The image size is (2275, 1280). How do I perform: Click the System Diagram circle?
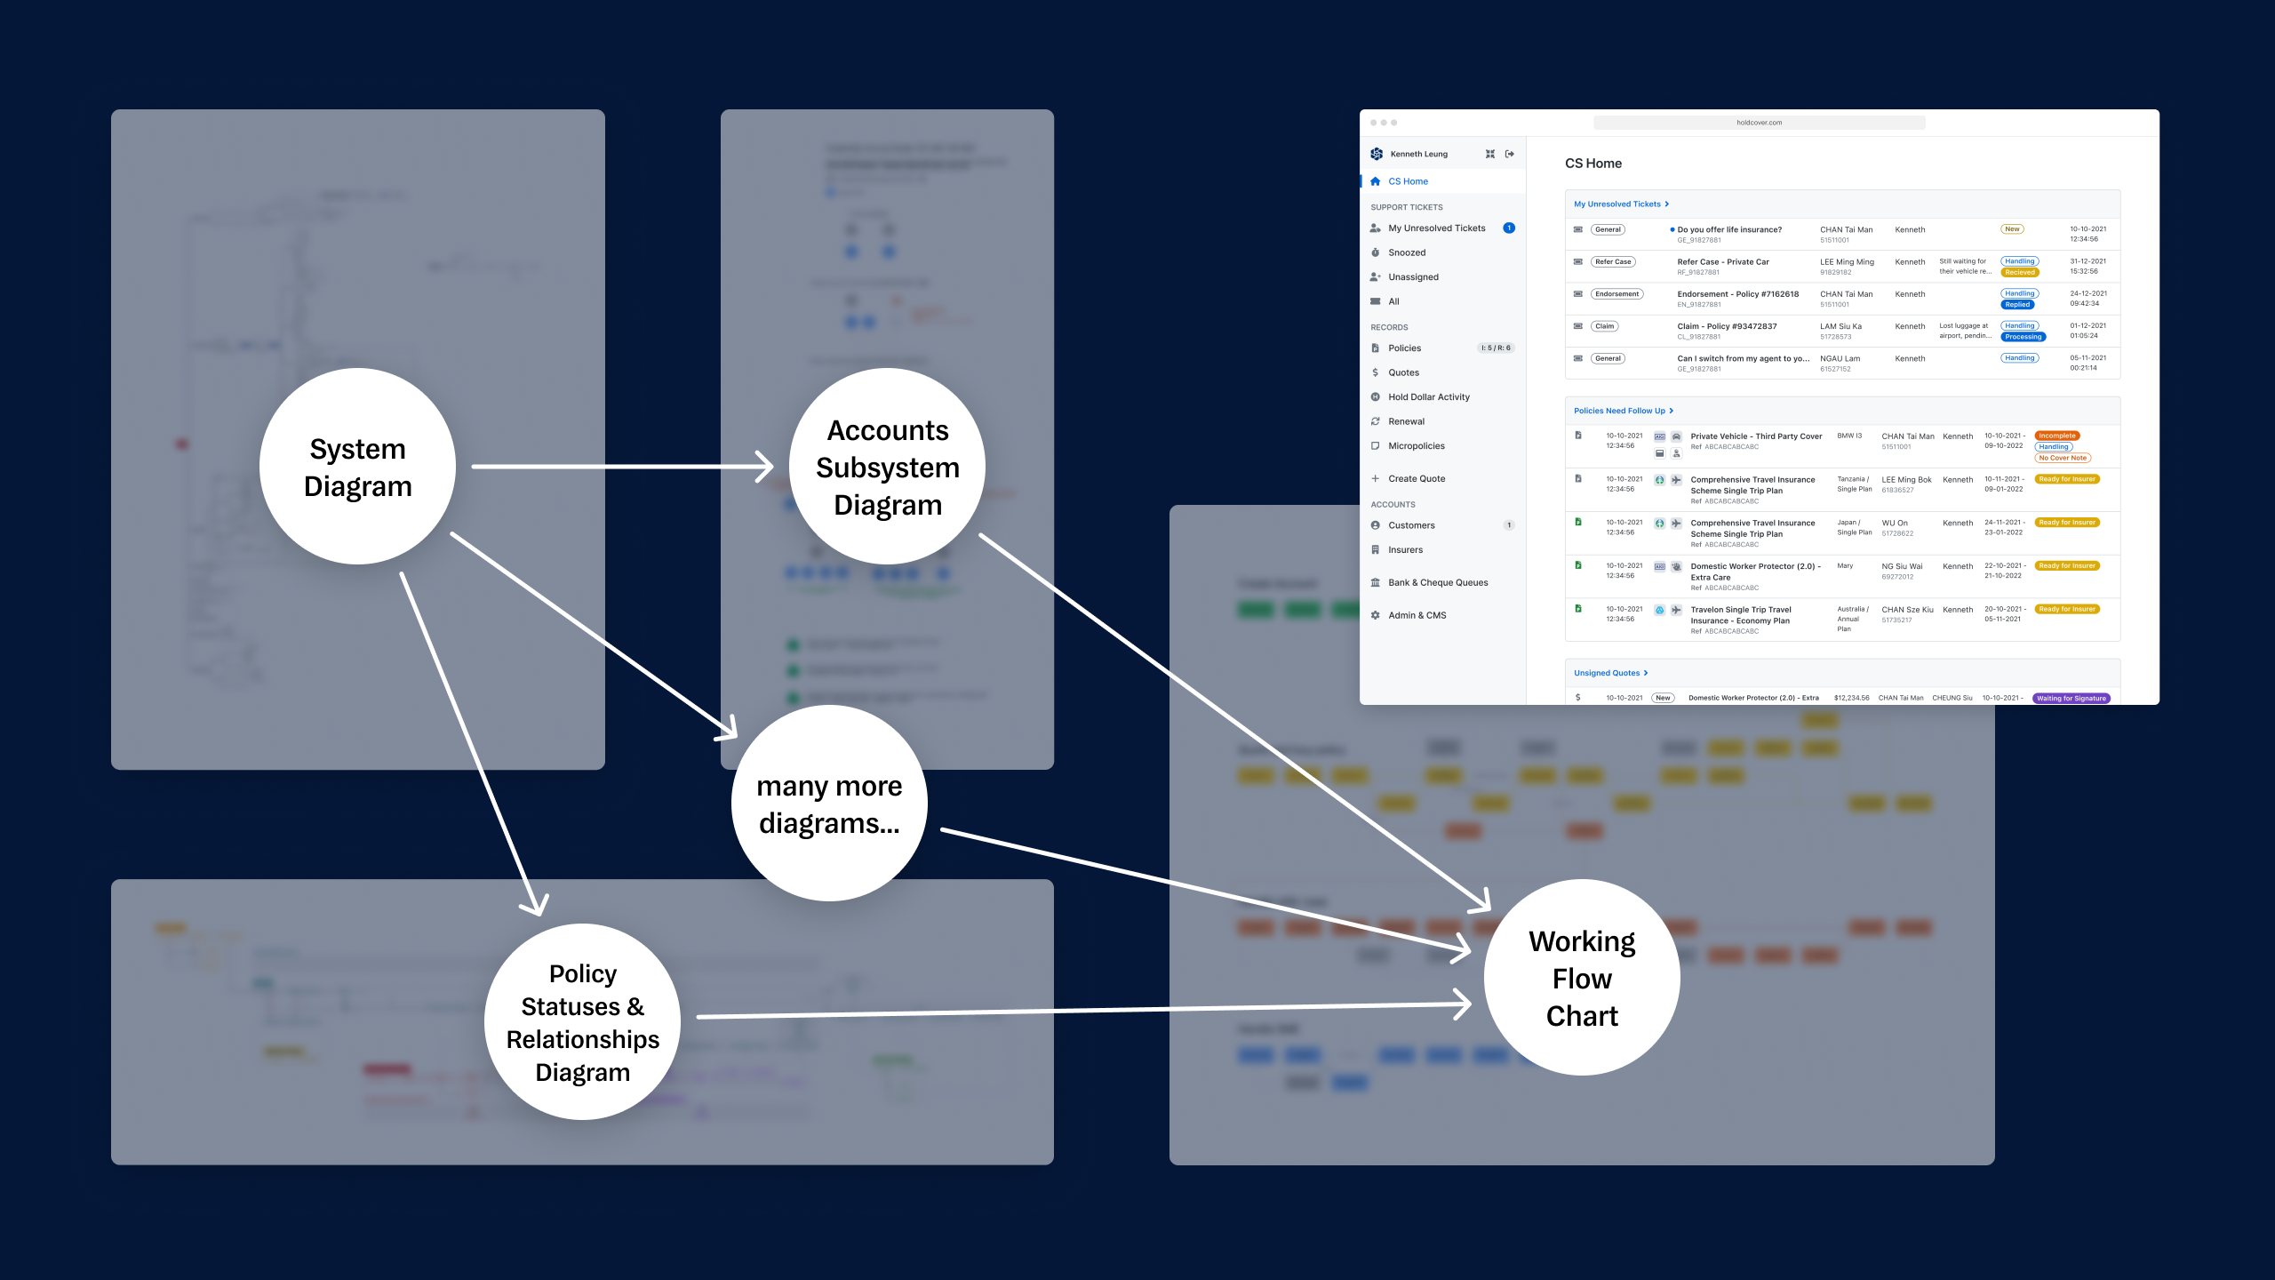pos(357,467)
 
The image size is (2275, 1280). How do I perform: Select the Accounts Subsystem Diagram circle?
pos(887,467)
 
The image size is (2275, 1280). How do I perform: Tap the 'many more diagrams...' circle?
pos(828,804)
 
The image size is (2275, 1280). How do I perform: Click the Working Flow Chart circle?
pos(1581,978)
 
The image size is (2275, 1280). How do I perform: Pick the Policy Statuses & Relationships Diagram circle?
pos(582,1022)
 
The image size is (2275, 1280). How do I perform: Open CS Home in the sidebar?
pos(1408,181)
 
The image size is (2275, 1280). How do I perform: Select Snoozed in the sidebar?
pos(1406,252)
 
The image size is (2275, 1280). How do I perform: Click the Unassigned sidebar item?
pos(1413,277)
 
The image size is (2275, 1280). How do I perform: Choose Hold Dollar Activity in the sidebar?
pos(1428,397)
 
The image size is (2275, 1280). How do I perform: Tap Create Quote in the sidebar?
pos(1416,479)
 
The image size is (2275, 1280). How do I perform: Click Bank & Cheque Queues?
pos(1437,583)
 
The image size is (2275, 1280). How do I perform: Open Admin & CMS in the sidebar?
pos(1417,615)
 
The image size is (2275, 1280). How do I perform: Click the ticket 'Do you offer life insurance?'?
pos(1728,230)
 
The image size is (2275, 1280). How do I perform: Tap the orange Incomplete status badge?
pos(2056,436)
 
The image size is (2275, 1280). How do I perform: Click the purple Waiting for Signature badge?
pos(2071,698)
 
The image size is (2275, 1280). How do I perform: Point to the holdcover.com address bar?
pos(1759,123)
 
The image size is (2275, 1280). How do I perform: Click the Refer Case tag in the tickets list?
pos(1612,262)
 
